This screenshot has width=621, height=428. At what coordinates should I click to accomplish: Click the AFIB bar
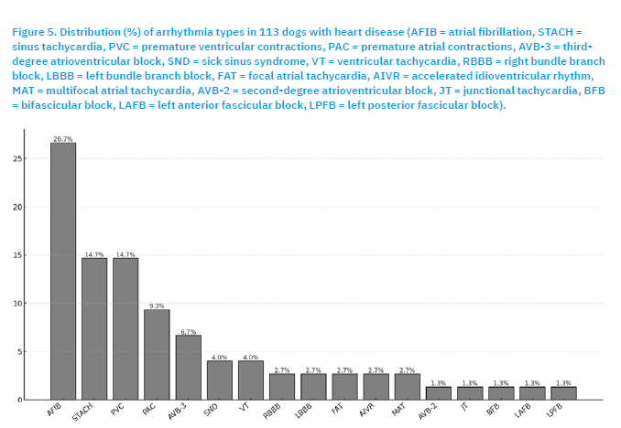63,271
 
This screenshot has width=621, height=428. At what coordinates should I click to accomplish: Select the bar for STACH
94,328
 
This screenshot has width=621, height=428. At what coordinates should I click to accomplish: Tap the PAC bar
157,355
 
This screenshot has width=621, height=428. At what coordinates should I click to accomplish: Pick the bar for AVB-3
189,367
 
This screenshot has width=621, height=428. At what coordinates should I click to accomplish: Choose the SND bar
220,380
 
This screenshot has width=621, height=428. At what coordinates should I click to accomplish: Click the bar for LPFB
563,393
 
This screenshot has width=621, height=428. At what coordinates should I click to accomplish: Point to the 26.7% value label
63,139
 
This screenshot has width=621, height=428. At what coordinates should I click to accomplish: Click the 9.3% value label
157,305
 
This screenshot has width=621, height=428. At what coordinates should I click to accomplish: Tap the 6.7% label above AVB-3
189,332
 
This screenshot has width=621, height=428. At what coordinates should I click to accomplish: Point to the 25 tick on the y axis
17,158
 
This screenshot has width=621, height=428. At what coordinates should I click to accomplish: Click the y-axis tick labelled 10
17,304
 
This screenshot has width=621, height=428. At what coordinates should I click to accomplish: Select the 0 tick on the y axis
20,400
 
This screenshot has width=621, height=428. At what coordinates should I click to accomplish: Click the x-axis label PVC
117,410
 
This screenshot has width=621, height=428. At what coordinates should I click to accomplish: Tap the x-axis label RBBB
272,411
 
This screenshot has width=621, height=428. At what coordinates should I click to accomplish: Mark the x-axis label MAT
398,410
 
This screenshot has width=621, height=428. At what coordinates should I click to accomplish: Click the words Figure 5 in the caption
34,32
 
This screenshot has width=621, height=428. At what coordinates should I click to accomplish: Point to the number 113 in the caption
269,32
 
